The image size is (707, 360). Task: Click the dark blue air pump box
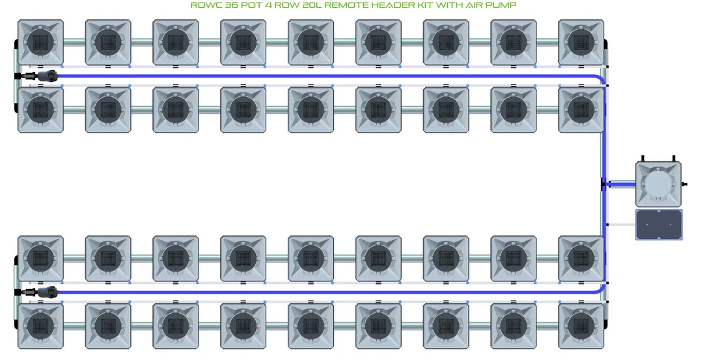(659, 224)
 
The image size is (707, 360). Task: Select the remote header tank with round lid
(658, 184)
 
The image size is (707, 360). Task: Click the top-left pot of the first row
(40, 42)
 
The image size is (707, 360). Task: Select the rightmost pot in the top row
(581, 42)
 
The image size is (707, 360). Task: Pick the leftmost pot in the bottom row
(40, 325)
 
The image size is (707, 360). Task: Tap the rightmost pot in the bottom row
(581, 325)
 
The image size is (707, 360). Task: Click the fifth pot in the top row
(311, 42)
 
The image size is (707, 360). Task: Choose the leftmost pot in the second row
(40, 109)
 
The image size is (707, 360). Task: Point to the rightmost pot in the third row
(581, 258)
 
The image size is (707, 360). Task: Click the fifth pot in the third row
(311, 258)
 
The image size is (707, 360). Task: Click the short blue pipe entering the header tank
(620, 184)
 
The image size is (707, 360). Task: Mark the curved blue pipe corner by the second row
(601, 79)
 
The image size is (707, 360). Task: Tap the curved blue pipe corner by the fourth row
(601, 289)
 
